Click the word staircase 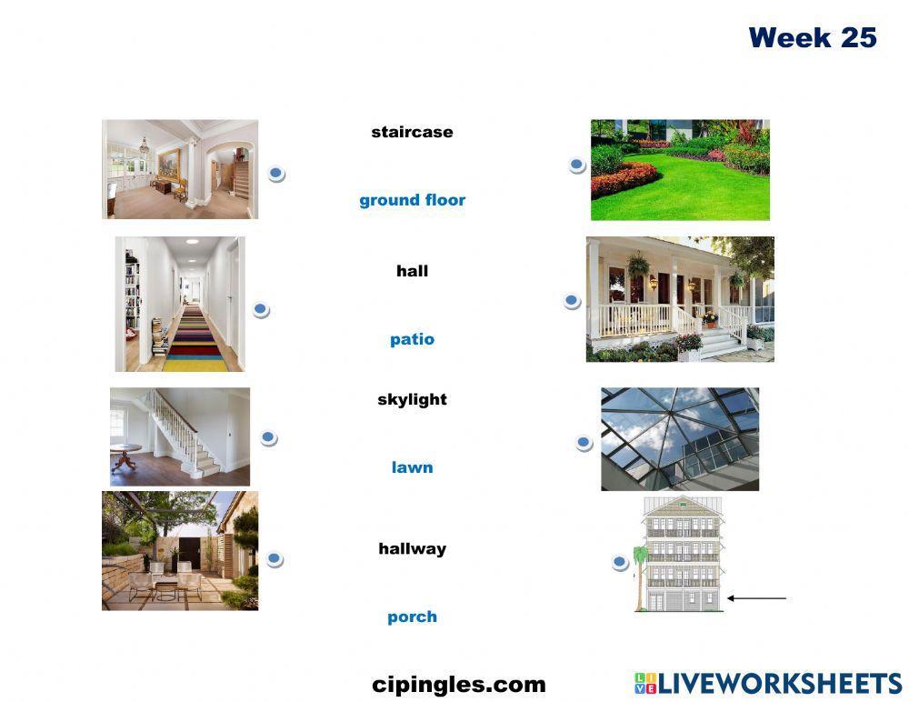tap(412, 132)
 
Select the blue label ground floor tap(412, 200)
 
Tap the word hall tap(412, 271)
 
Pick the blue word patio tap(412, 339)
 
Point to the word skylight tap(412, 399)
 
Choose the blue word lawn tap(412, 467)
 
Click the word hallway tap(412, 548)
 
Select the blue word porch tap(412, 617)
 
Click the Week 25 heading tap(812, 38)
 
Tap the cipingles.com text tap(458, 685)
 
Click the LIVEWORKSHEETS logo tap(767, 684)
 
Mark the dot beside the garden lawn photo tap(576, 165)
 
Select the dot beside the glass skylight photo tap(584, 443)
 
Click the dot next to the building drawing tap(620, 563)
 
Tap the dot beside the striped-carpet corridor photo tap(261, 310)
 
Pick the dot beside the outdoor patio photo tap(274, 559)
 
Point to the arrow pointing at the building tap(757, 598)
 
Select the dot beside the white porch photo tap(572, 301)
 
